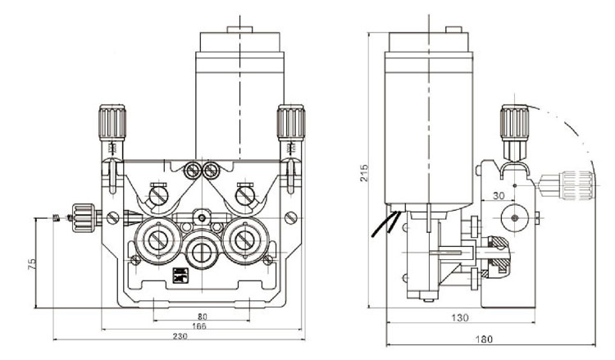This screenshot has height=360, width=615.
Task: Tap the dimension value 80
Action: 201,316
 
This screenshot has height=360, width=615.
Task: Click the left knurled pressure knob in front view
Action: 111,124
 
